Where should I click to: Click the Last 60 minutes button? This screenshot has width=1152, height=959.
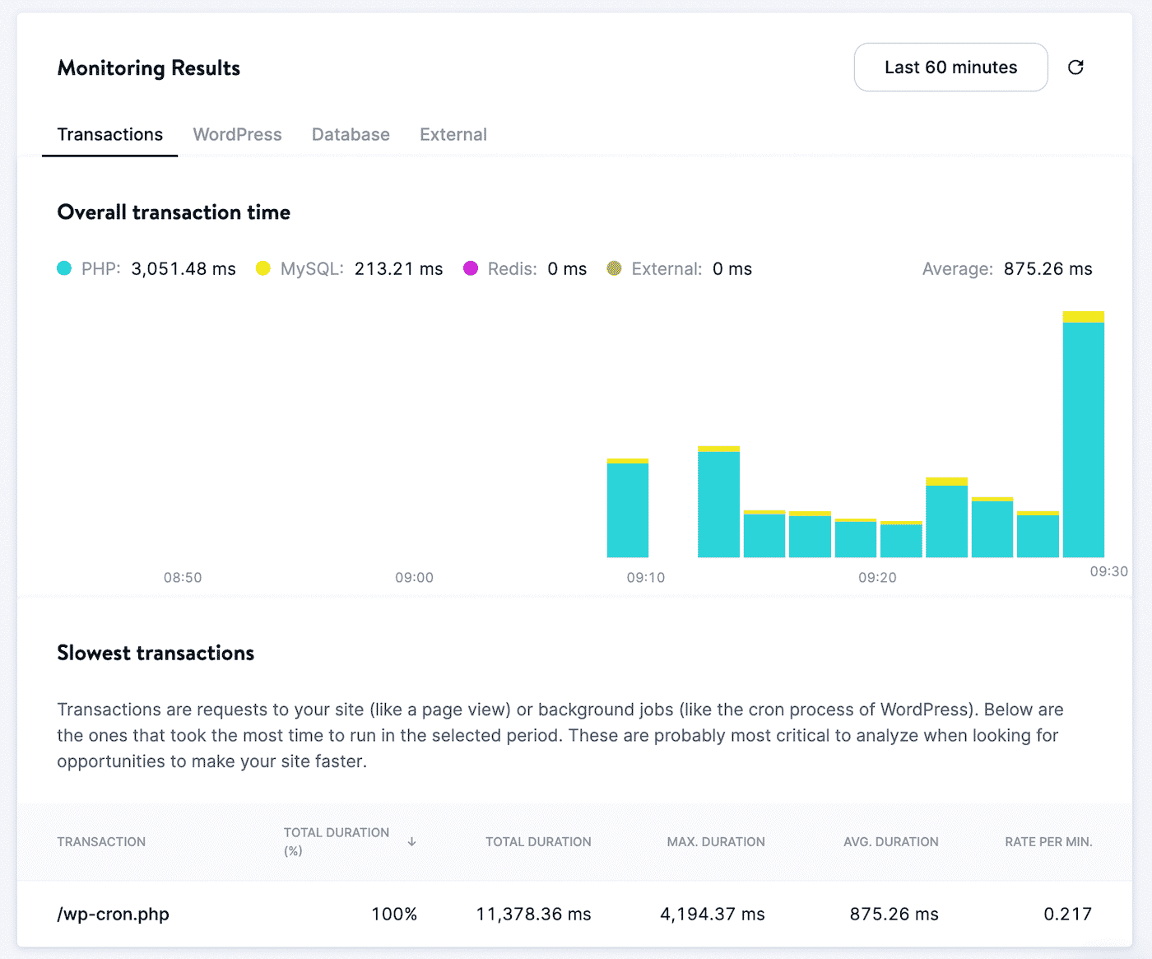tap(950, 68)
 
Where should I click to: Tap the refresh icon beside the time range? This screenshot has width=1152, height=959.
tap(1075, 68)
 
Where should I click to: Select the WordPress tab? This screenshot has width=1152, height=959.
tap(237, 134)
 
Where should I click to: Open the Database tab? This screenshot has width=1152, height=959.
tap(351, 134)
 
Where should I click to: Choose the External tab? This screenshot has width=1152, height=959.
tap(453, 134)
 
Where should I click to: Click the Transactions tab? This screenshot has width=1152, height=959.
tap(110, 134)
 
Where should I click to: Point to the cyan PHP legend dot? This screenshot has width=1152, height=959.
tap(64, 268)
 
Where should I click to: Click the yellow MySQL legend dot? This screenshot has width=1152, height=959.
tap(263, 268)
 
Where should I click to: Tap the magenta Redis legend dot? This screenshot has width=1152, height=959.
tap(471, 268)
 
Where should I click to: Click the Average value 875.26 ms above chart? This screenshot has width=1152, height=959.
tap(1047, 269)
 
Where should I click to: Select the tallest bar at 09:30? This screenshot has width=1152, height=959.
tap(1083, 436)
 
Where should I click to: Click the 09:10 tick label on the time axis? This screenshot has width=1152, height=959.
tap(646, 578)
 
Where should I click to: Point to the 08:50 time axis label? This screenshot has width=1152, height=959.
tap(183, 578)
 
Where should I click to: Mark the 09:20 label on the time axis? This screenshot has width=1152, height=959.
tap(877, 578)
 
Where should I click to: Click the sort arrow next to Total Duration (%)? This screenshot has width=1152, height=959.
tap(411, 842)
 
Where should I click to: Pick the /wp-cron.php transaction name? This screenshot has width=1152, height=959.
tap(114, 914)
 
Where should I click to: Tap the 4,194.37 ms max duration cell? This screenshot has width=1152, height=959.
tap(713, 914)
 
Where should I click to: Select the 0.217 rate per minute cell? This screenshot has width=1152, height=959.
tap(1067, 914)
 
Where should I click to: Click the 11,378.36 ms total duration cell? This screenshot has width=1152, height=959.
tap(534, 914)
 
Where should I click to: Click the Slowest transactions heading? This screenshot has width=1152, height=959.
tap(156, 653)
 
